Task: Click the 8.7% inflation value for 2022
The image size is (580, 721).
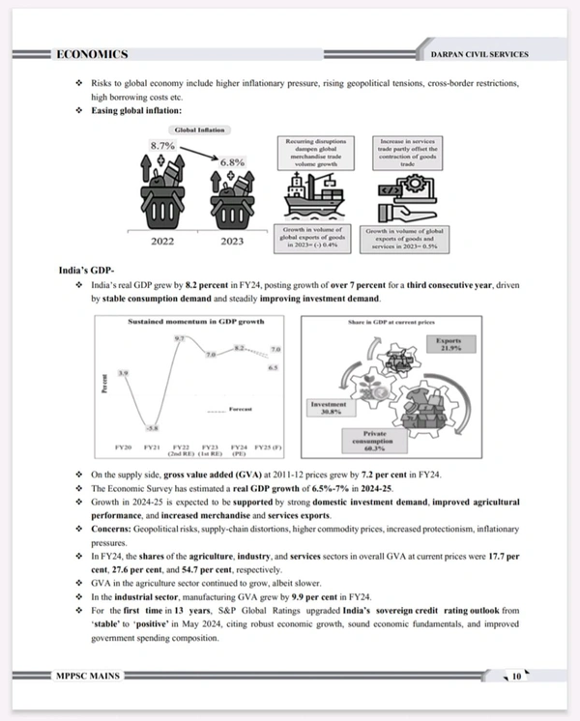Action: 161,145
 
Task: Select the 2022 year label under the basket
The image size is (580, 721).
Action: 162,242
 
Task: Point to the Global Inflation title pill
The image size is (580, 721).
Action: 200,129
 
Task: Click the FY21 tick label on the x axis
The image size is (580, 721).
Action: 151,447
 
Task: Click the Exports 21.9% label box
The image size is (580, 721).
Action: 448,345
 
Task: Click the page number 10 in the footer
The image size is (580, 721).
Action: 517,677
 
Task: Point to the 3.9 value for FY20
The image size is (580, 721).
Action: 123,372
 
